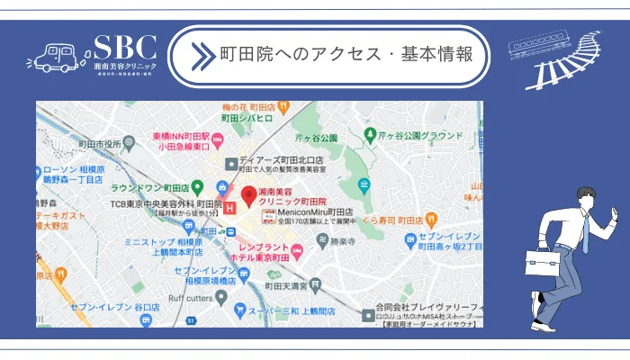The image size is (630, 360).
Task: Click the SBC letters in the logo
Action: tap(125, 48)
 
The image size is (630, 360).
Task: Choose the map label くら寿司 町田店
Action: tap(391, 220)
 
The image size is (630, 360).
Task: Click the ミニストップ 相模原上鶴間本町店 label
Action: tap(164, 247)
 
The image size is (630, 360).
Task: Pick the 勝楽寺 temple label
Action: tap(341, 240)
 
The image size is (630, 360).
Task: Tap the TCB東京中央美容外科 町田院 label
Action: tap(166, 204)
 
